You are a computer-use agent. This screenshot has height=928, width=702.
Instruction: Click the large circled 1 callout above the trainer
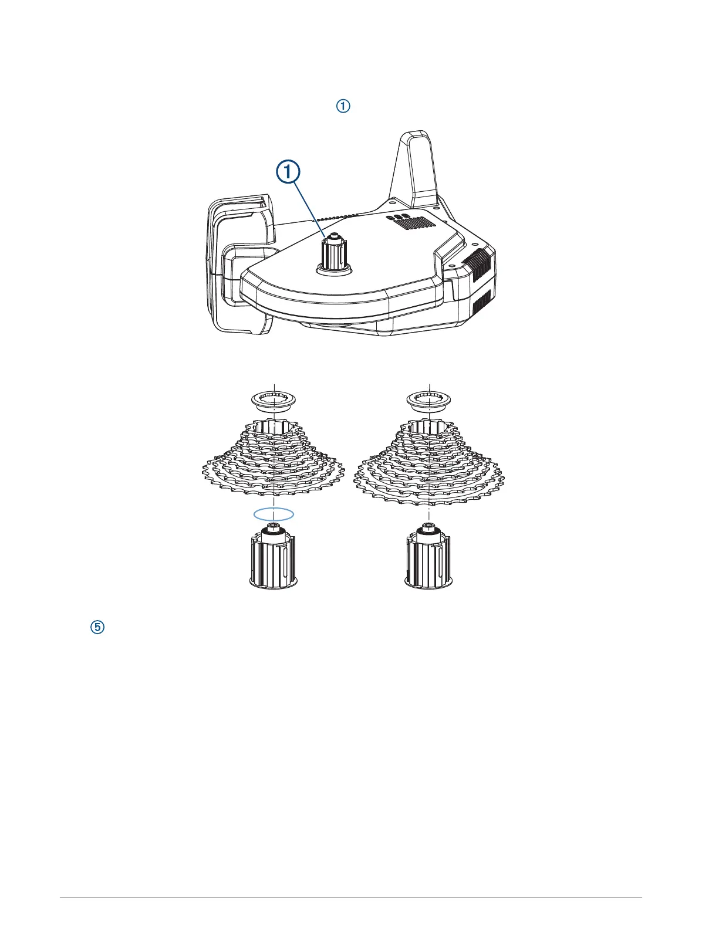pos(288,174)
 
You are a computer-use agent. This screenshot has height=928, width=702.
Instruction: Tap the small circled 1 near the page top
pos(343,106)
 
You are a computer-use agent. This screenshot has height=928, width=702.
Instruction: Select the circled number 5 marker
pos(98,627)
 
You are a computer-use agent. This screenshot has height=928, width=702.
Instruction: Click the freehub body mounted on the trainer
pos(333,253)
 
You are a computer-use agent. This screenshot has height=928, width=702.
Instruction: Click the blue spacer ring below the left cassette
pos(274,514)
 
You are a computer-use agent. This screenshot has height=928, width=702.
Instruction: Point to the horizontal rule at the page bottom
pos(351,897)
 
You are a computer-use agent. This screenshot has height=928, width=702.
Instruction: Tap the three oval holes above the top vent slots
pos(397,216)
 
